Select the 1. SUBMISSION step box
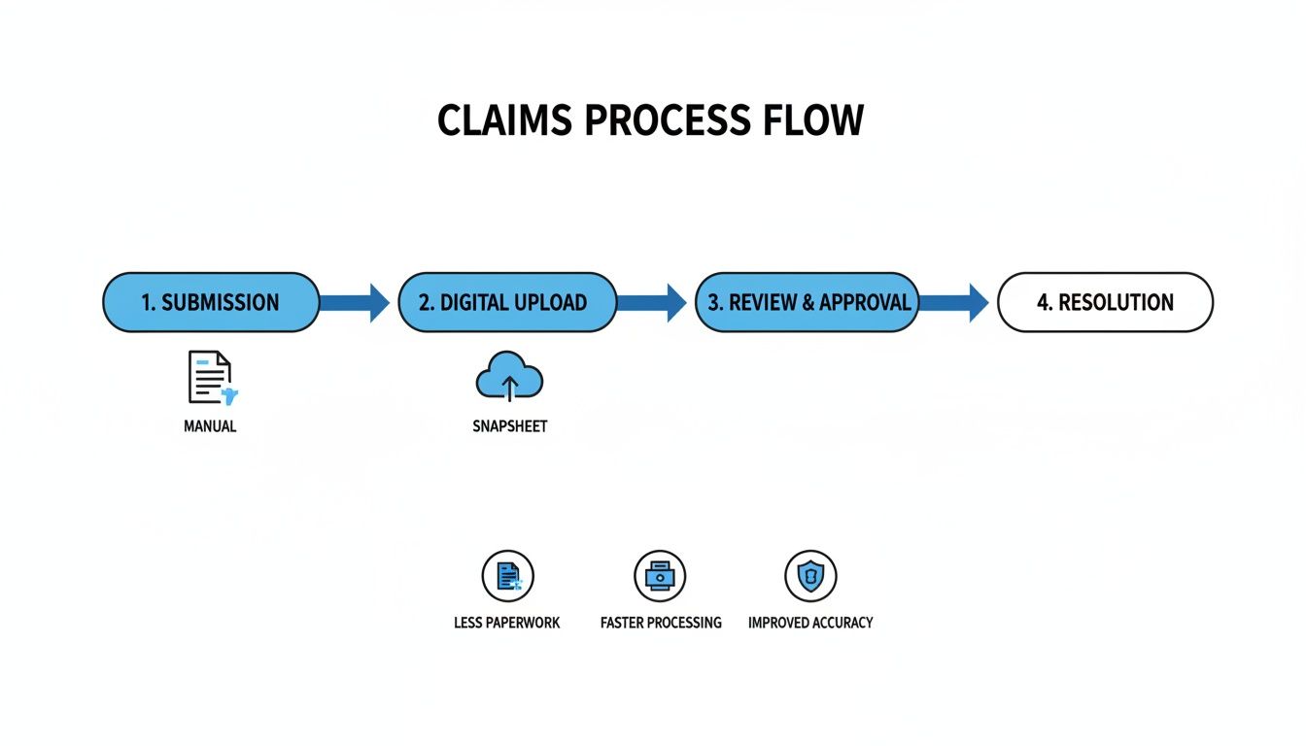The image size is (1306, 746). coord(211,302)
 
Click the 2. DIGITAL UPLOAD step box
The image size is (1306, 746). coord(507,302)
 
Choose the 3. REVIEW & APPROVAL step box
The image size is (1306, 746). coord(808,302)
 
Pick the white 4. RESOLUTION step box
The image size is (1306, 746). coord(1105,302)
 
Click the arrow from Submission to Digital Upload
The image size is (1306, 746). coord(356,302)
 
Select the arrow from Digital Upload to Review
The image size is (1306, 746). coord(652,302)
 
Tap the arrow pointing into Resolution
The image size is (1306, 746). coord(953,302)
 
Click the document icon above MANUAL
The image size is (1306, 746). coord(211,379)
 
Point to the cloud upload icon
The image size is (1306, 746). coord(508,378)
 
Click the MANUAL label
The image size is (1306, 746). coord(210,426)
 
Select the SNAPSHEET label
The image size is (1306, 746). coord(509,426)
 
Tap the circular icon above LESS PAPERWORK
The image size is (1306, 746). coord(507,576)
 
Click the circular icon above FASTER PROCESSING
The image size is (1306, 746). coord(660,576)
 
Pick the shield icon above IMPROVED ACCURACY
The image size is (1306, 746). coord(810,576)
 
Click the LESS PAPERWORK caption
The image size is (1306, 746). coord(506,623)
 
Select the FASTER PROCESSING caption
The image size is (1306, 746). coord(661,623)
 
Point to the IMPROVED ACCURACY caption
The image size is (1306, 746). coord(810,623)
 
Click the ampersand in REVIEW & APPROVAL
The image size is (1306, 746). coord(807,302)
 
